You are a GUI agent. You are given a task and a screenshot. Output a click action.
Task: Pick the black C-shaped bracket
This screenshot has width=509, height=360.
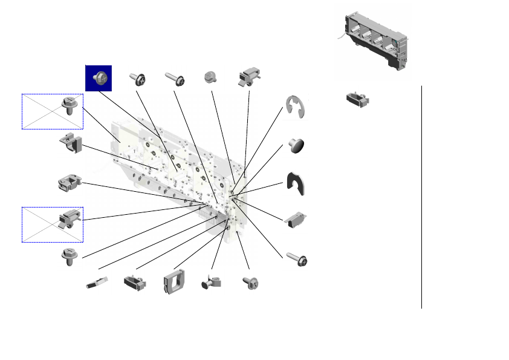click(297, 183)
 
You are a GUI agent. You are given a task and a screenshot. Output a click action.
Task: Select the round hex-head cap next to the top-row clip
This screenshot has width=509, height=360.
click(210, 77)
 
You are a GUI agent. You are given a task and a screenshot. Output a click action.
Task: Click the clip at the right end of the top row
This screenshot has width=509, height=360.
click(249, 77)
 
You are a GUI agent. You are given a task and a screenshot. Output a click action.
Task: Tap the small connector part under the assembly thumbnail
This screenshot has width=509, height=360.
click(357, 99)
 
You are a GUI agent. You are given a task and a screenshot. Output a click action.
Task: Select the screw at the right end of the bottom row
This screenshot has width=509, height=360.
click(250, 283)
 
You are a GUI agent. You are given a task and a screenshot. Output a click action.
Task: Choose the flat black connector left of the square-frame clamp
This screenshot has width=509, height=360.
click(136, 283)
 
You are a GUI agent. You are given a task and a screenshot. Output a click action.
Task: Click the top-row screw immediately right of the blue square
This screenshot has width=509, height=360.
click(138, 79)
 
